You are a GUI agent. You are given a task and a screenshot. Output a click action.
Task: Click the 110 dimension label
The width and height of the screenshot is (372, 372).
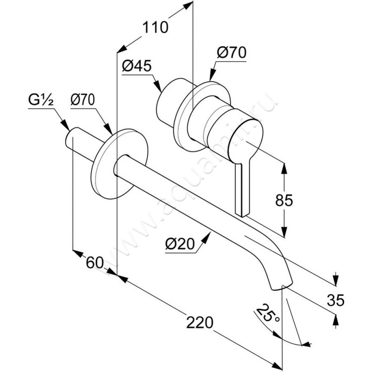154,27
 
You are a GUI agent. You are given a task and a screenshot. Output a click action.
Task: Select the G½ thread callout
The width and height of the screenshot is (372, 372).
40,100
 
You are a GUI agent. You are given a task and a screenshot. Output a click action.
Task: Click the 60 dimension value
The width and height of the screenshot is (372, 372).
94,262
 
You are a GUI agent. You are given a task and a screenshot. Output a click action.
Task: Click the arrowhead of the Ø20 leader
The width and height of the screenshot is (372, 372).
208,237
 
